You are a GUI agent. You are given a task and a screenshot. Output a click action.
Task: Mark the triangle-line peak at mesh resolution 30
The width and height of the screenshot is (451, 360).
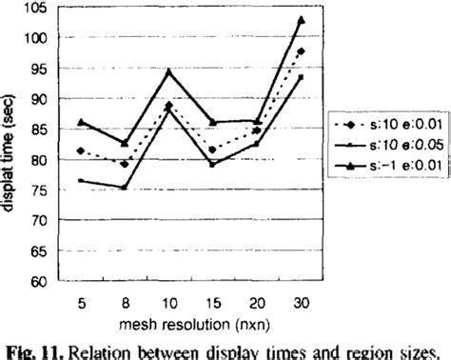[x=302, y=19]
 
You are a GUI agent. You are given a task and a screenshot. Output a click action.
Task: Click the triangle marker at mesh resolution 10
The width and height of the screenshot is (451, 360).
[x=169, y=70]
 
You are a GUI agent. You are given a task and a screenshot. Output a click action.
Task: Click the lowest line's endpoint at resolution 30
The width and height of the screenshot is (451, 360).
[x=302, y=76]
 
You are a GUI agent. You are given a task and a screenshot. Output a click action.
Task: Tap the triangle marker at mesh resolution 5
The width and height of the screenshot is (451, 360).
[x=82, y=122]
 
